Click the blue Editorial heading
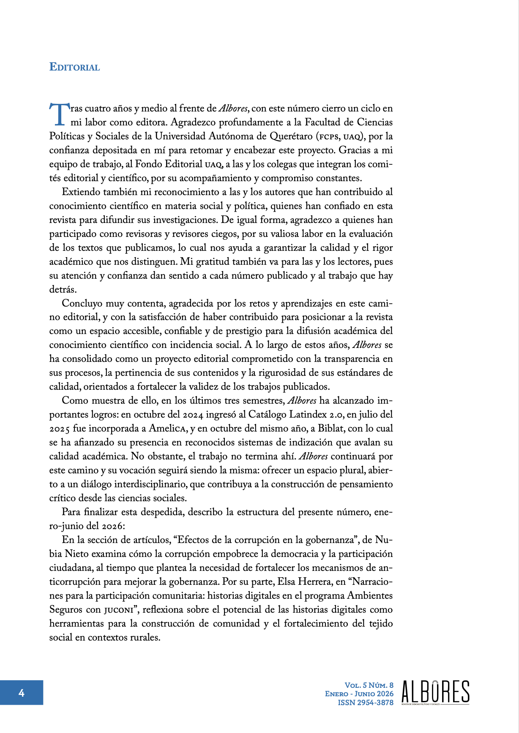(74, 67)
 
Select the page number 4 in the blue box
(21, 692)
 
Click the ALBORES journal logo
(435, 692)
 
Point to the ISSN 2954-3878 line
(365, 703)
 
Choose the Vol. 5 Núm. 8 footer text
(369, 685)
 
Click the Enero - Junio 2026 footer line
(359, 694)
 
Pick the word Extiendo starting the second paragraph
(81, 192)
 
